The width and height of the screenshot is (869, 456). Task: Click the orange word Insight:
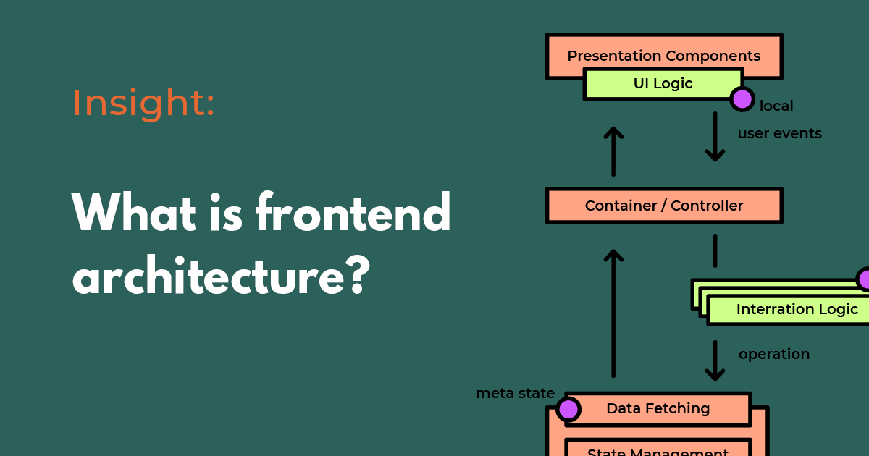143,103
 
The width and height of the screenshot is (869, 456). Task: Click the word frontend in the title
353,214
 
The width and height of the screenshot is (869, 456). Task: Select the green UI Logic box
663,84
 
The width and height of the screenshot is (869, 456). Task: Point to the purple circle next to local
742,98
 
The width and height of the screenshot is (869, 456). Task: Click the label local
776,106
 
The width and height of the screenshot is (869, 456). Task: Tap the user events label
779,134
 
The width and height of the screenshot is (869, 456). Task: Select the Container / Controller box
663,206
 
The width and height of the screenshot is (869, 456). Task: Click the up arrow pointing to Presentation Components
613,151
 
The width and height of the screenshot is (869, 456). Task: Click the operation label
773,355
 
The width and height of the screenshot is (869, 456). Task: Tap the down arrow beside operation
715,360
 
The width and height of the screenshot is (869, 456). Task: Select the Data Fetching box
658,408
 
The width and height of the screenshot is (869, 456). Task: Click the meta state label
515,394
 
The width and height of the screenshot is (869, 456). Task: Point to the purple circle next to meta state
568,409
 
